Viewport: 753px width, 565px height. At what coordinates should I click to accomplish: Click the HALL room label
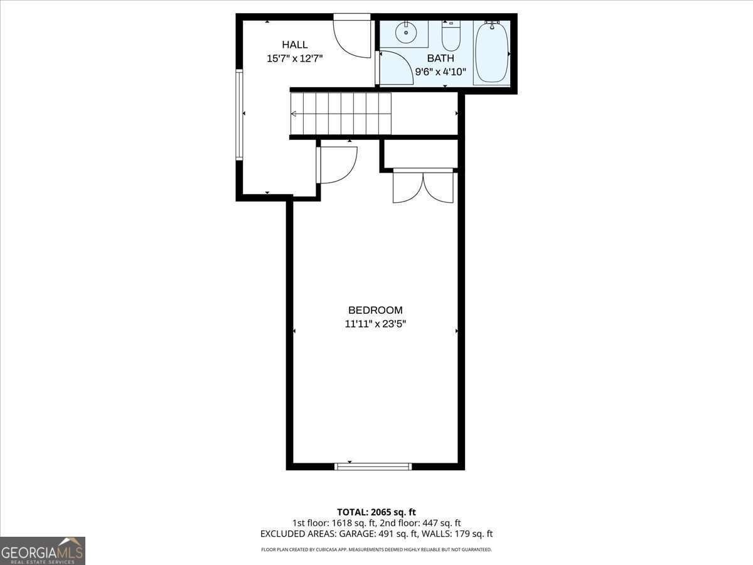[294, 45]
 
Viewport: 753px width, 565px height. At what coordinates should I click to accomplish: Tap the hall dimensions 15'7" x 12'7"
[294, 58]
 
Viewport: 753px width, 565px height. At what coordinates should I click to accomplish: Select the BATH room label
[441, 58]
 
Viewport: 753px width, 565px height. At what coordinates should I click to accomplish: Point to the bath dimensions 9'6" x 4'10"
[441, 71]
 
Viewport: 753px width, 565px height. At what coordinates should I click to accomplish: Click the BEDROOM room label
[375, 310]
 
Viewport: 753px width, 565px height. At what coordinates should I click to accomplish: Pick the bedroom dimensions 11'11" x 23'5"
[375, 324]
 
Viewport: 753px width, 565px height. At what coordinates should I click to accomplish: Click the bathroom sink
[407, 32]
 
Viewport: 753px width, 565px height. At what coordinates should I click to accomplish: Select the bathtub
[491, 53]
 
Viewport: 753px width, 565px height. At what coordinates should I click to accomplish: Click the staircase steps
[341, 114]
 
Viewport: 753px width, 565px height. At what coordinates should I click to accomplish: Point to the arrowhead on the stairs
[294, 114]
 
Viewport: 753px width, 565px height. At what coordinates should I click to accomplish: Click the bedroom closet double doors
[423, 186]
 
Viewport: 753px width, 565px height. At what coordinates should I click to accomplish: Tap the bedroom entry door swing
[338, 164]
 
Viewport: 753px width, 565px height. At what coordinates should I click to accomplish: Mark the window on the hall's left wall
[239, 114]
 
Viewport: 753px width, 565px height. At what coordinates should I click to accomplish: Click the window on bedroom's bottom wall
[373, 466]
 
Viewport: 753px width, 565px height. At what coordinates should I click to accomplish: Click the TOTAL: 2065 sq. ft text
[376, 512]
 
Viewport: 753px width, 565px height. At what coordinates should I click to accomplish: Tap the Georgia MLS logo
[42, 551]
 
